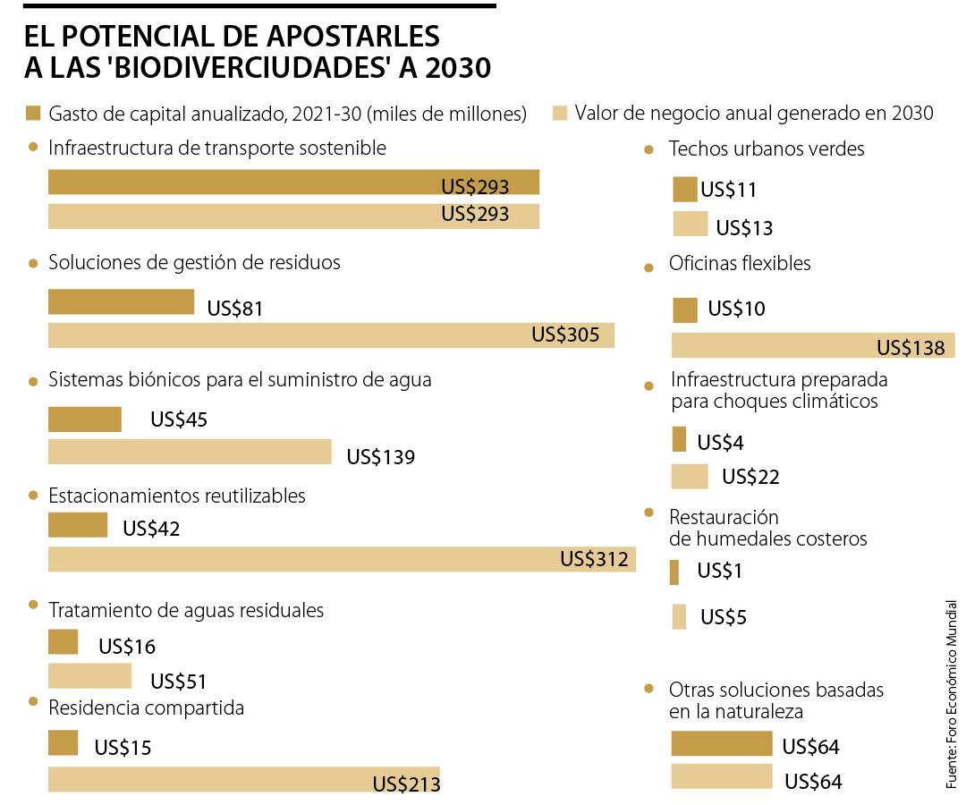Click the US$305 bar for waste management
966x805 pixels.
331,335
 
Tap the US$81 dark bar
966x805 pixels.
121,301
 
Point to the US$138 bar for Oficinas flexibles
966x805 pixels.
812,346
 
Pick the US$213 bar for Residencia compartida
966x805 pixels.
243,779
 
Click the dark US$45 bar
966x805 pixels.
84,419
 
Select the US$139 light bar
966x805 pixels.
189,452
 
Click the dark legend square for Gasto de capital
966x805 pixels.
34,113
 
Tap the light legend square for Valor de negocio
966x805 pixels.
561,113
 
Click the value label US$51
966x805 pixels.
179,682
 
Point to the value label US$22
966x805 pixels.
750,478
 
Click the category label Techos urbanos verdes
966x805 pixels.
767,149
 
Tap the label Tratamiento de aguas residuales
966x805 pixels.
186,611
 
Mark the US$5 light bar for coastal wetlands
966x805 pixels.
679,617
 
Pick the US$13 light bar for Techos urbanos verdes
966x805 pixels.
690,224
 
